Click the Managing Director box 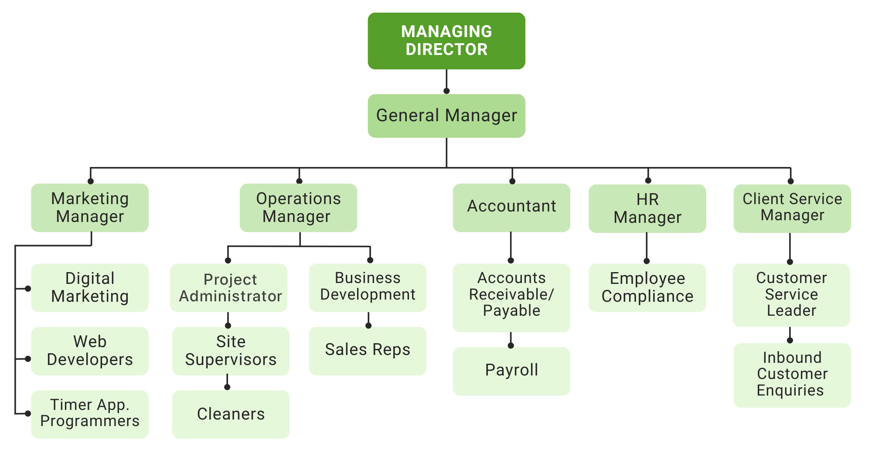(x=446, y=41)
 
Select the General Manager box (x=446, y=116)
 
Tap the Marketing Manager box (x=90, y=208)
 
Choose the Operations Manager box (x=298, y=208)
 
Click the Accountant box (x=511, y=208)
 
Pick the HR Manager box (x=647, y=208)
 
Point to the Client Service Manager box (x=792, y=208)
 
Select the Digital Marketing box (x=90, y=287)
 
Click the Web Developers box (x=90, y=351)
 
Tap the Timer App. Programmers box (x=90, y=414)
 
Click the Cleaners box (x=231, y=414)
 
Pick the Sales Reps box (x=368, y=351)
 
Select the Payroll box (x=511, y=371)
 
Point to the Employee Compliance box (x=647, y=287)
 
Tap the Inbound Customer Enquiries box (x=792, y=375)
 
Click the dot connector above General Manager (x=446, y=91)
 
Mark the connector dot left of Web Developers (x=28, y=359)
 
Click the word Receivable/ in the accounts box (x=511, y=294)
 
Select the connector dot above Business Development (x=370, y=260)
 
